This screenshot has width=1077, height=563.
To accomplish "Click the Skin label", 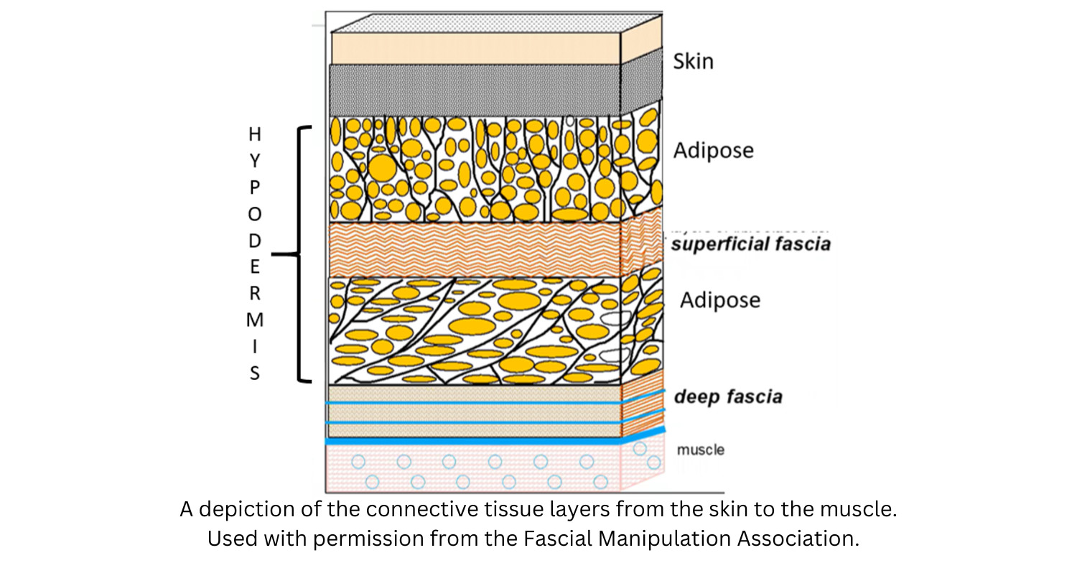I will pyautogui.click(x=693, y=61).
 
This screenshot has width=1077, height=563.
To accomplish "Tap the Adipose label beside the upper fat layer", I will pyautogui.click(x=713, y=151).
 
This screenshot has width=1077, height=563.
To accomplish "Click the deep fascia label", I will pyautogui.click(x=727, y=396).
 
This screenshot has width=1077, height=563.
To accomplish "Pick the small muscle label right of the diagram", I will pyautogui.click(x=700, y=450).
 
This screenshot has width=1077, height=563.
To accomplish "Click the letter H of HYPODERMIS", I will pyautogui.click(x=254, y=134).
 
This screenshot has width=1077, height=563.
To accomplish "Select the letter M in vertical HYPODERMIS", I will pyautogui.click(x=254, y=320).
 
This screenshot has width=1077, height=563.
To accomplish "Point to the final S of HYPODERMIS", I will pyautogui.click(x=254, y=373).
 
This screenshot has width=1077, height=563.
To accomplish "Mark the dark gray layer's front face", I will pyautogui.click(x=474, y=90).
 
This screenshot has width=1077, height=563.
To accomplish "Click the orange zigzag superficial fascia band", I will pyautogui.click(x=474, y=249).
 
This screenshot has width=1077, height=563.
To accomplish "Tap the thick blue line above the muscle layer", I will pyautogui.click(x=474, y=441).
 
